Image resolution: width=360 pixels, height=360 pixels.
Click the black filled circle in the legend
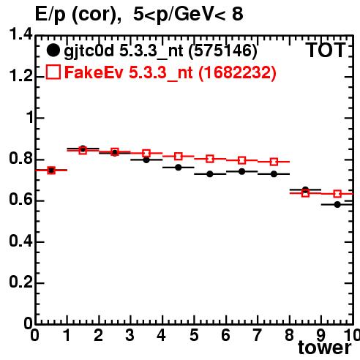(x=53, y=50)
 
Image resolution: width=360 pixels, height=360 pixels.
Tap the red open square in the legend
(x=53, y=72)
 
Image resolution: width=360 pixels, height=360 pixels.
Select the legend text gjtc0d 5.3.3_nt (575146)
(x=160, y=51)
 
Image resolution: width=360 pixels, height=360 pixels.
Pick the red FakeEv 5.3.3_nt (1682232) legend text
(x=170, y=72)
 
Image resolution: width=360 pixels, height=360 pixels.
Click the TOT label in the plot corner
(x=326, y=50)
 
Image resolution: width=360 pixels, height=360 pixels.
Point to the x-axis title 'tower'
(x=325, y=348)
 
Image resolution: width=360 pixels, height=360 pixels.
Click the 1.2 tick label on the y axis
(x=20, y=76)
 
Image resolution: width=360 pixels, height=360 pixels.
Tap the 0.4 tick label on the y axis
(x=20, y=241)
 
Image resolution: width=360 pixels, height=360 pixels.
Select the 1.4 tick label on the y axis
(x=20, y=34)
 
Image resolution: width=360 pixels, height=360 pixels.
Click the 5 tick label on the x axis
(x=194, y=335)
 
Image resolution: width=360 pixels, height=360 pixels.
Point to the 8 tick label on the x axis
(x=290, y=335)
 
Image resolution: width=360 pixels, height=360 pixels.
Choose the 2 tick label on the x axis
(x=99, y=335)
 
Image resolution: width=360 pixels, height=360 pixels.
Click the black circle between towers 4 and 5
(x=179, y=168)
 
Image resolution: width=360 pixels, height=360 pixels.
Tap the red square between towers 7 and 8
(x=274, y=162)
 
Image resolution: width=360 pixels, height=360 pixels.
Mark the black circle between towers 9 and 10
(x=337, y=204)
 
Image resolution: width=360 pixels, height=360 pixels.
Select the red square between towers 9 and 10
(x=337, y=194)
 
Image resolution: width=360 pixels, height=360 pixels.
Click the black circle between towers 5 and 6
(x=210, y=174)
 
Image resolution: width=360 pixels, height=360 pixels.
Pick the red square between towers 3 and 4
(x=146, y=154)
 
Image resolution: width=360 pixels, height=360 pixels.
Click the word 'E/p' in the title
(x=50, y=14)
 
